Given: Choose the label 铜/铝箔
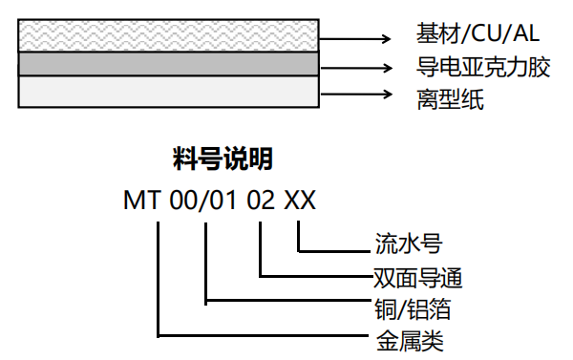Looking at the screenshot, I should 412,308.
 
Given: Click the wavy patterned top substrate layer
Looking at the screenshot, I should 167,37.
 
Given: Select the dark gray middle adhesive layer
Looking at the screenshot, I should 167,64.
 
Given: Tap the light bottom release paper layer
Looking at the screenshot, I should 167,92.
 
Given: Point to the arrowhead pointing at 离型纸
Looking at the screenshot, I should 386,94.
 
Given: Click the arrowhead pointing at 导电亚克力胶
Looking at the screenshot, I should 386,66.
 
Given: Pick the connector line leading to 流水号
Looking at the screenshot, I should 334,250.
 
